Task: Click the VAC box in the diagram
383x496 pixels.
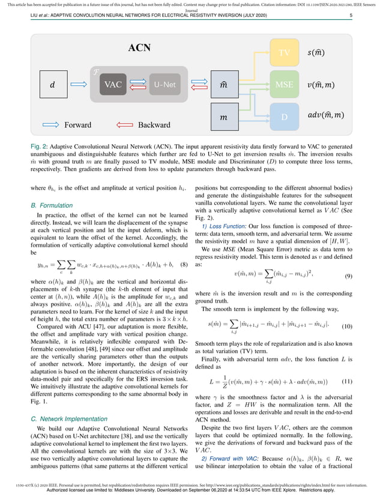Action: click(113, 85)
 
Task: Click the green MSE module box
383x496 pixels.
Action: click(285, 85)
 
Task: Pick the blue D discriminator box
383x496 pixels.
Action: click(285, 115)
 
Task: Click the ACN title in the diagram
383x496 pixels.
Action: click(139, 47)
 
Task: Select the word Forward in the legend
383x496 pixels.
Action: click(74, 125)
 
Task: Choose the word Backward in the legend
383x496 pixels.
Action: click(154, 125)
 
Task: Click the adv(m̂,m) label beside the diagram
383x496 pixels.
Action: click(326, 115)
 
